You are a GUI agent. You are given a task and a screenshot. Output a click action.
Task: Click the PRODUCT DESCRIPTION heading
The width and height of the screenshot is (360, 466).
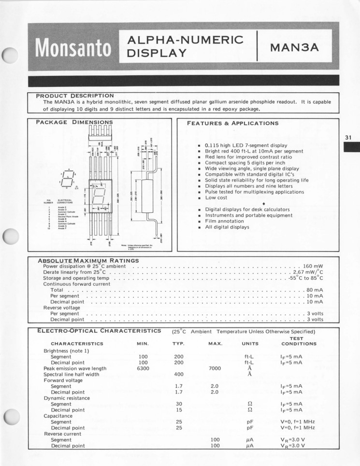click(75, 95)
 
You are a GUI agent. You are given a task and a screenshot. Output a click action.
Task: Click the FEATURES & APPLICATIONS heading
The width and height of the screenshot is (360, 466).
click(232, 123)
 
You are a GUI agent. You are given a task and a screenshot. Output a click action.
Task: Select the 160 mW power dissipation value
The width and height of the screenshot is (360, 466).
click(313, 266)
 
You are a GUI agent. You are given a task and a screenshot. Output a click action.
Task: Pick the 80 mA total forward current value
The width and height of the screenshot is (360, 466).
click(315, 290)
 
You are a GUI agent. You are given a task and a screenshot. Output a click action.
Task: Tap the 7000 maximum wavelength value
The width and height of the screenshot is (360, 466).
click(215, 368)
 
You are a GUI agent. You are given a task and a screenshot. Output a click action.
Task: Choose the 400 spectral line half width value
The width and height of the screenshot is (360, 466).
click(179, 374)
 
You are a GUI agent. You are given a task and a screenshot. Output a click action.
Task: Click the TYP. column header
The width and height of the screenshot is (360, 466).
click(179, 344)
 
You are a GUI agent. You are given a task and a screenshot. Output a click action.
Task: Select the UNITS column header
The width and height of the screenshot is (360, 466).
click(250, 344)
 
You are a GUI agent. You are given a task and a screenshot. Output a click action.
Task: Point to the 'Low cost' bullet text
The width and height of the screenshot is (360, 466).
click(217, 198)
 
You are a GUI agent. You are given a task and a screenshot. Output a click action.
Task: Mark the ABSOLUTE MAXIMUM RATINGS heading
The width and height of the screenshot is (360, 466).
click(88, 261)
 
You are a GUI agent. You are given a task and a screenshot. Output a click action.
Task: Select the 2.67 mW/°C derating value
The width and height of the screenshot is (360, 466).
click(308, 272)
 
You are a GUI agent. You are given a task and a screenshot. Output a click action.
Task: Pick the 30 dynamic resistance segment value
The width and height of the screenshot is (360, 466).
click(179, 404)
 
